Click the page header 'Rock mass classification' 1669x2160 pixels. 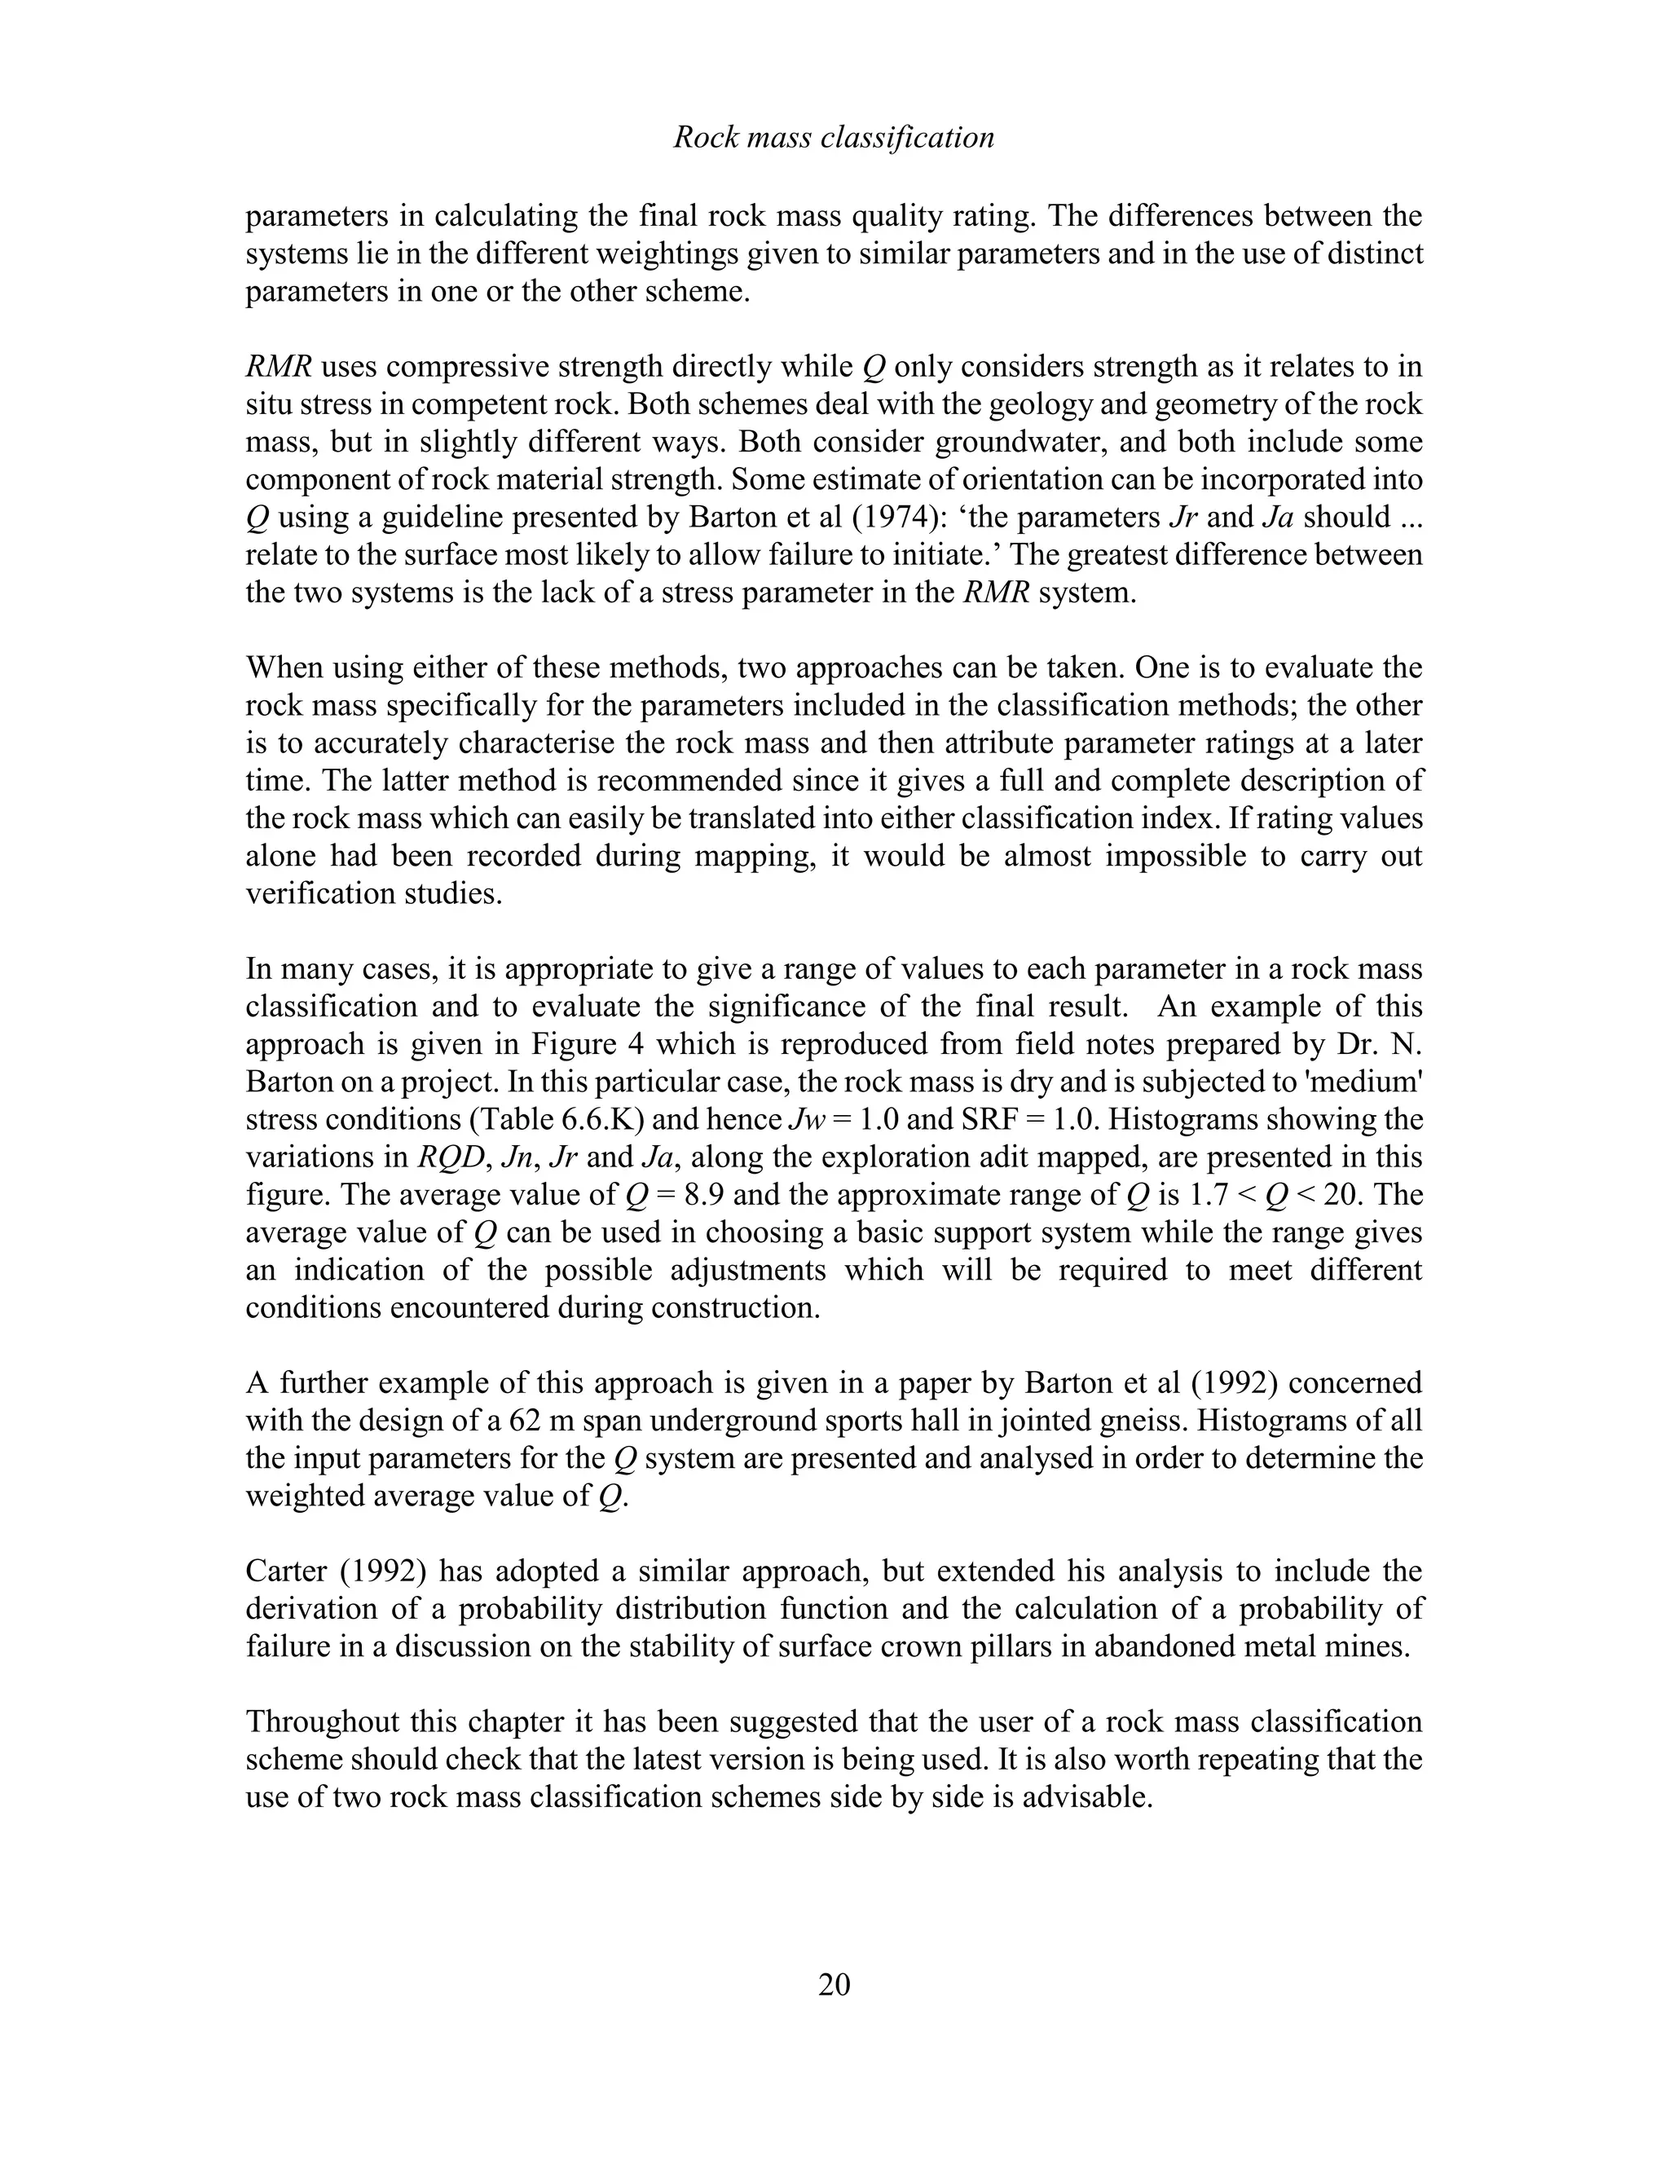834,138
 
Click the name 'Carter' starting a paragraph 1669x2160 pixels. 288,1571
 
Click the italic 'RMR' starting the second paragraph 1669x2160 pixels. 278,367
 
